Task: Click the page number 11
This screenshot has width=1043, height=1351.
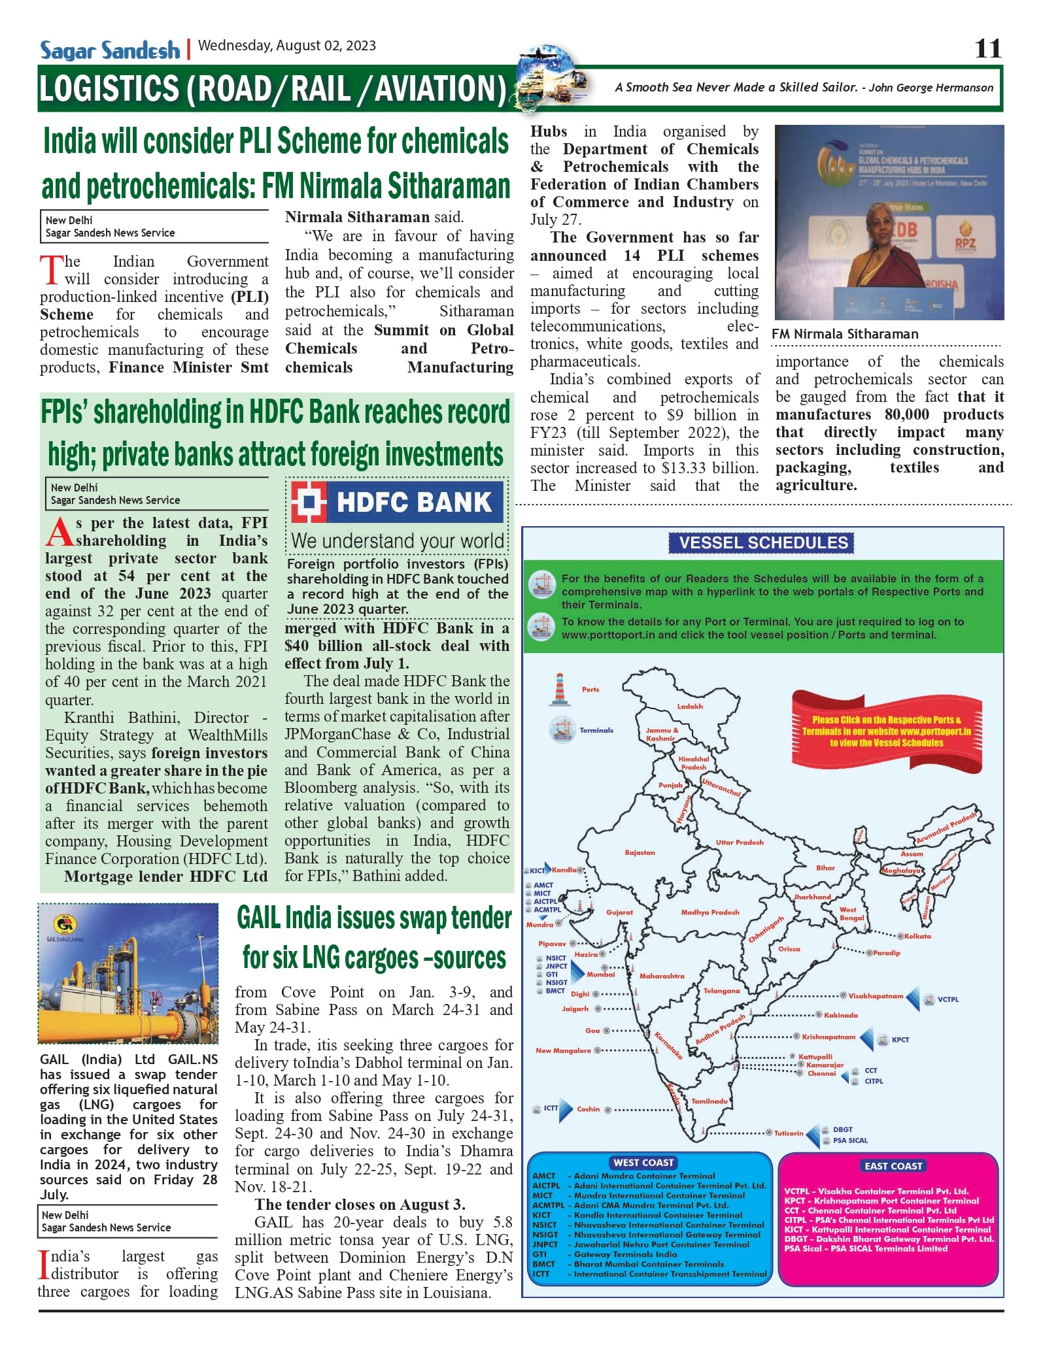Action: click(987, 48)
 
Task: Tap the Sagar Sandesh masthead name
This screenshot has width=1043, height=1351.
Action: click(110, 50)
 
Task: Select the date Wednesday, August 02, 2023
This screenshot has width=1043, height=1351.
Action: click(287, 46)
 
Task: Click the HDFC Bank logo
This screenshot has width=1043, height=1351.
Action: click(397, 502)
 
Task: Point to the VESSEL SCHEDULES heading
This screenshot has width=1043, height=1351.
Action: click(762, 542)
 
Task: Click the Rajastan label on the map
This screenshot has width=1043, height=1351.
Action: click(640, 852)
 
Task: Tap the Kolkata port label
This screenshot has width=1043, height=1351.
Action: click(917, 936)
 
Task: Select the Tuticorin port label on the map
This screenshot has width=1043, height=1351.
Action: click(789, 1133)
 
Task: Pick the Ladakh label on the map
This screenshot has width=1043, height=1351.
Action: click(690, 706)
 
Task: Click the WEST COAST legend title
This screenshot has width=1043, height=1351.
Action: click(643, 1162)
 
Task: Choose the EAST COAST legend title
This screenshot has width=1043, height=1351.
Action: click(893, 1165)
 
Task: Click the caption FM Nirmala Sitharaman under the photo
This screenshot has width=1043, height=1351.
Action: click(845, 334)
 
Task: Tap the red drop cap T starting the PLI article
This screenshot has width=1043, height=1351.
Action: click(51, 270)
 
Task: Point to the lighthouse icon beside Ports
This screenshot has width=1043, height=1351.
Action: click(559, 690)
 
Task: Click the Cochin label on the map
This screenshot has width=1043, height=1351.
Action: click(588, 1109)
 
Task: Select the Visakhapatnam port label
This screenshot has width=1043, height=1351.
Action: click(876, 996)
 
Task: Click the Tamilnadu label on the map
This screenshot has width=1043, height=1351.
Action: click(710, 1101)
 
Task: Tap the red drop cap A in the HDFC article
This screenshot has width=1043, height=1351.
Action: click(60, 531)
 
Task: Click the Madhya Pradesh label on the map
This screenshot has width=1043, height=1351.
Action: click(710, 912)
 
